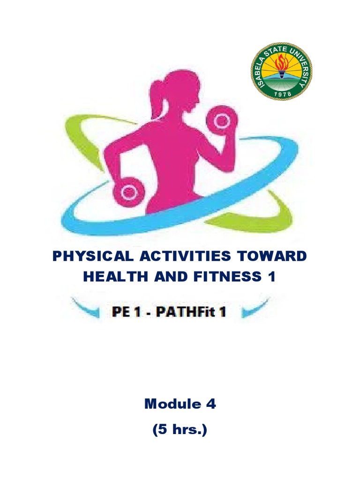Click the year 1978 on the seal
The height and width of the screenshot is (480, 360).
281,94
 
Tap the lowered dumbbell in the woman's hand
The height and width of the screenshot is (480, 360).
128,191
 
